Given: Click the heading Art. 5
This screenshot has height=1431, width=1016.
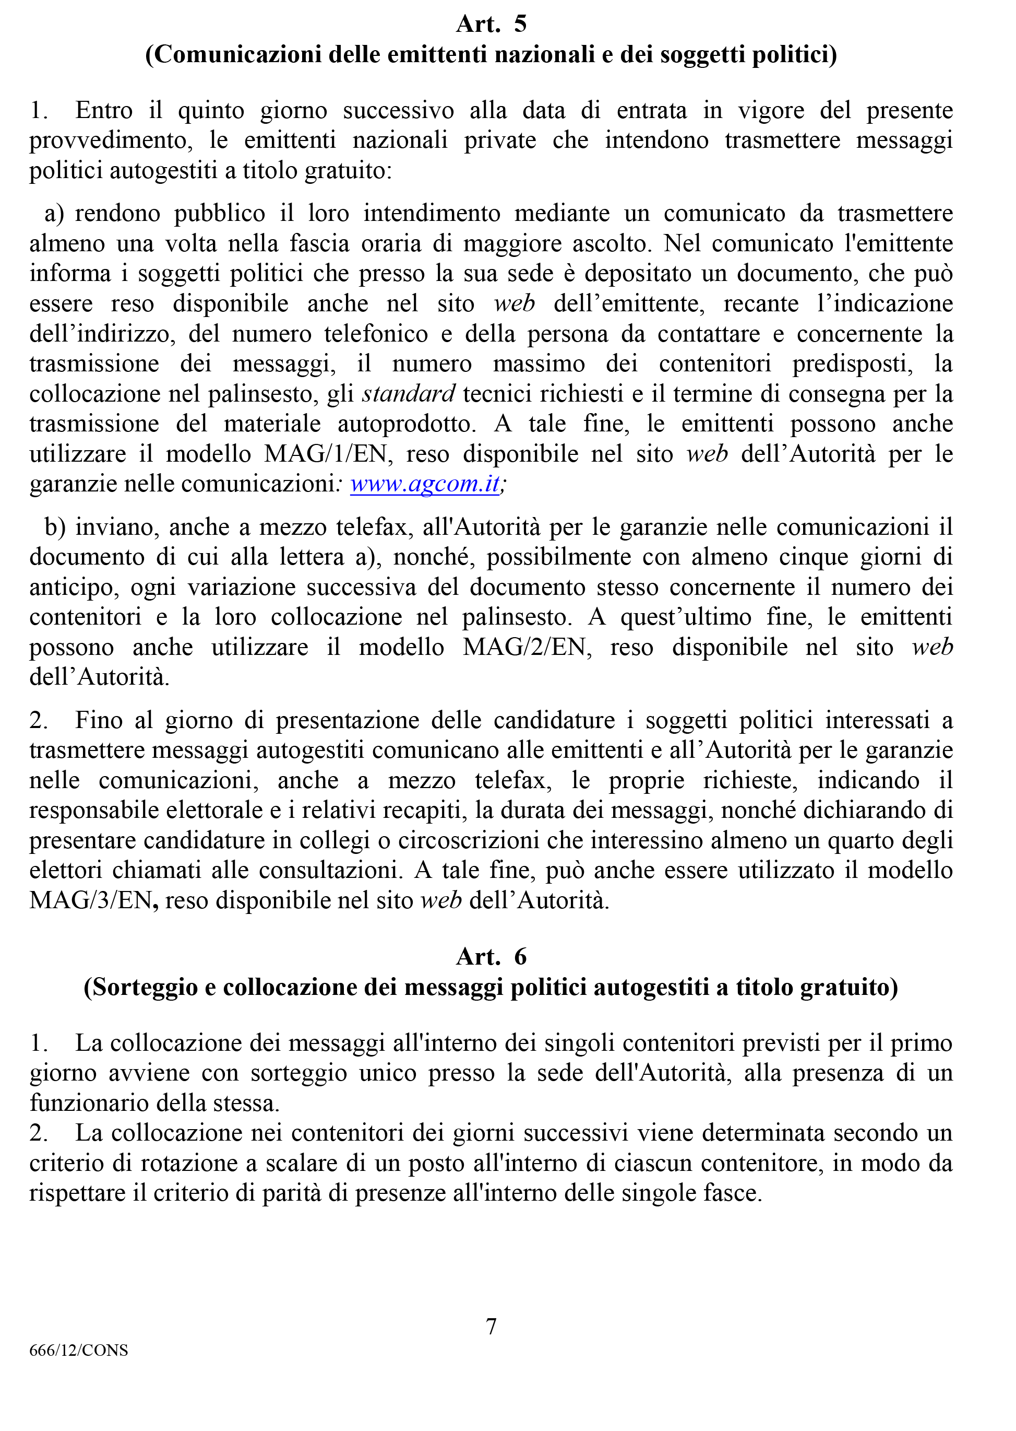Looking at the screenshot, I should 491,24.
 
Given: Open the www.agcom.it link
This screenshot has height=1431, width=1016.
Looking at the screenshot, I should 425,484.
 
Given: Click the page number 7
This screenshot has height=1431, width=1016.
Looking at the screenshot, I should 491,1326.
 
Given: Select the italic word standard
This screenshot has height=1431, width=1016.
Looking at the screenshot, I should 409,394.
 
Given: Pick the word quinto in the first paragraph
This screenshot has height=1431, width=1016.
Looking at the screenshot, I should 211,111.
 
